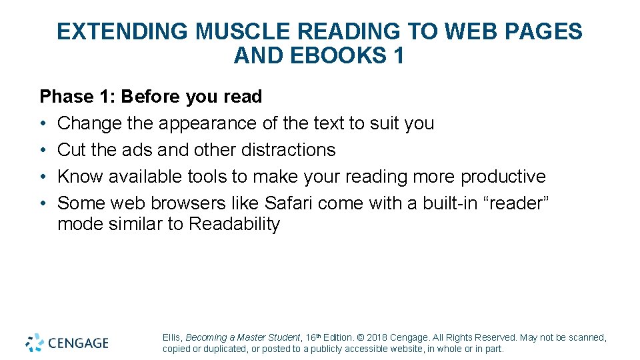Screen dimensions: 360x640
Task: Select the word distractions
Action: coord(281,150)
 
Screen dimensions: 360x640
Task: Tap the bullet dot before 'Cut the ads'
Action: coord(44,150)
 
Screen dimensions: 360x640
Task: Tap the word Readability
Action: coord(234,224)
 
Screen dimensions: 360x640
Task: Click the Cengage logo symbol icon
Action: coord(35,343)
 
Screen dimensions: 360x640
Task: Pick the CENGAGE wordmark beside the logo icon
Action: coord(78,343)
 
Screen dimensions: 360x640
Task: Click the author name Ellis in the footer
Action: coord(172,338)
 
